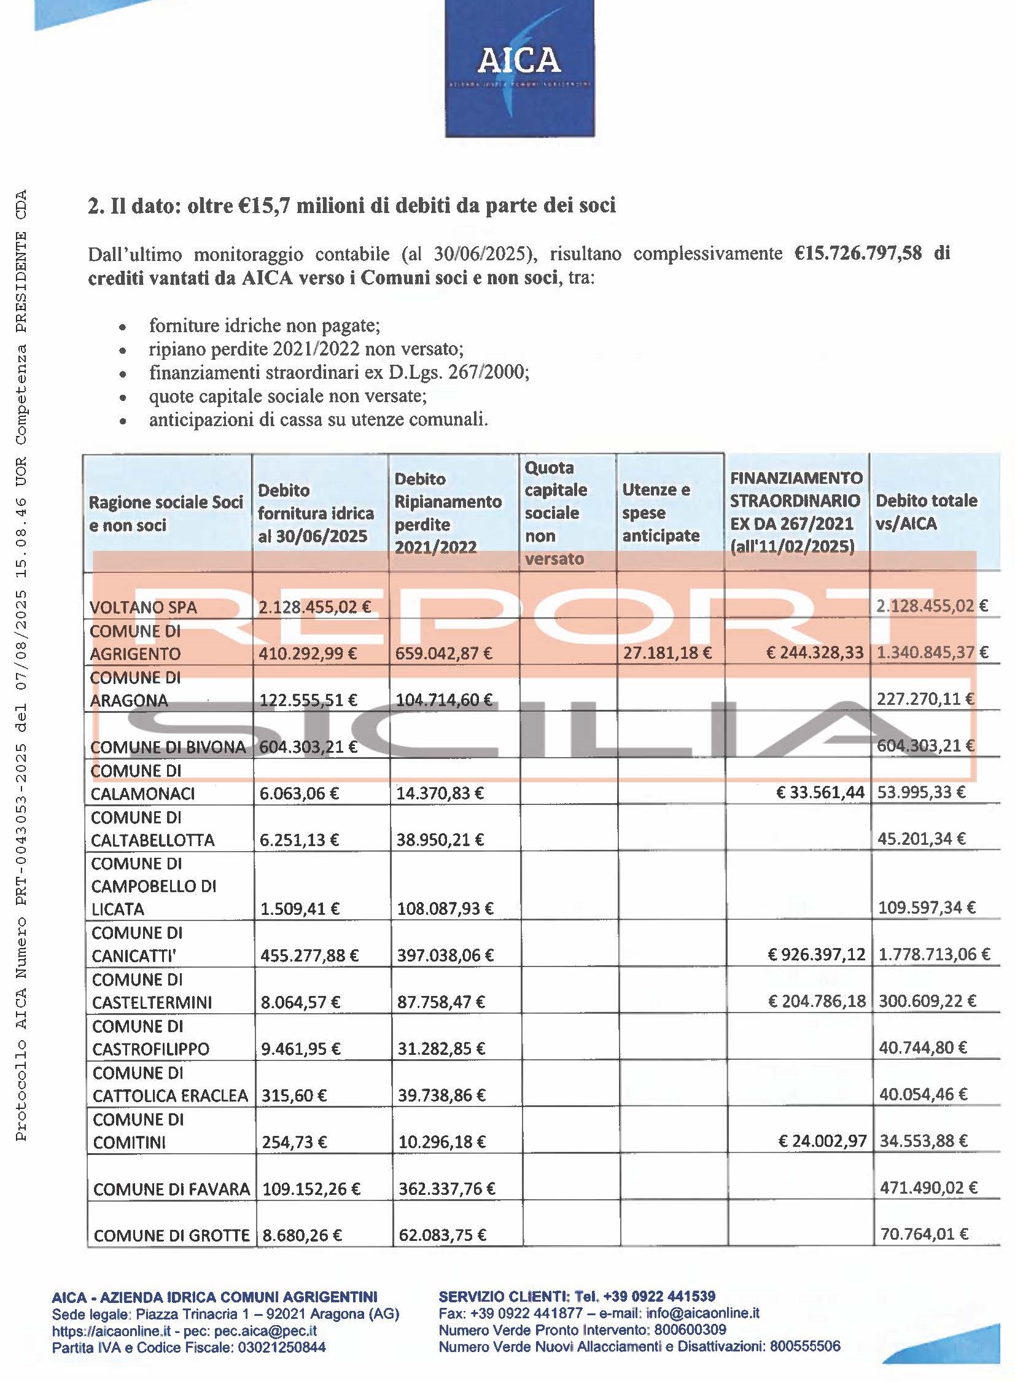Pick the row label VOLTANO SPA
click(143, 607)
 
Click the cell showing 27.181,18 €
click(667, 652)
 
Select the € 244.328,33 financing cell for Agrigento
click(814, 652)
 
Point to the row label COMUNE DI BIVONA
click(168, 747)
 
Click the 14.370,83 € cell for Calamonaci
click(440, 793)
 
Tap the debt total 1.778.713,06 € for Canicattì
click(934, 954)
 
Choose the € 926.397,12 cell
click(817, 954)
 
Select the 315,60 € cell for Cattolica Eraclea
click(294, 1095)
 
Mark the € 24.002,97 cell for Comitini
click(822, 1141)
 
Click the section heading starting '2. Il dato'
click(351, 206)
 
